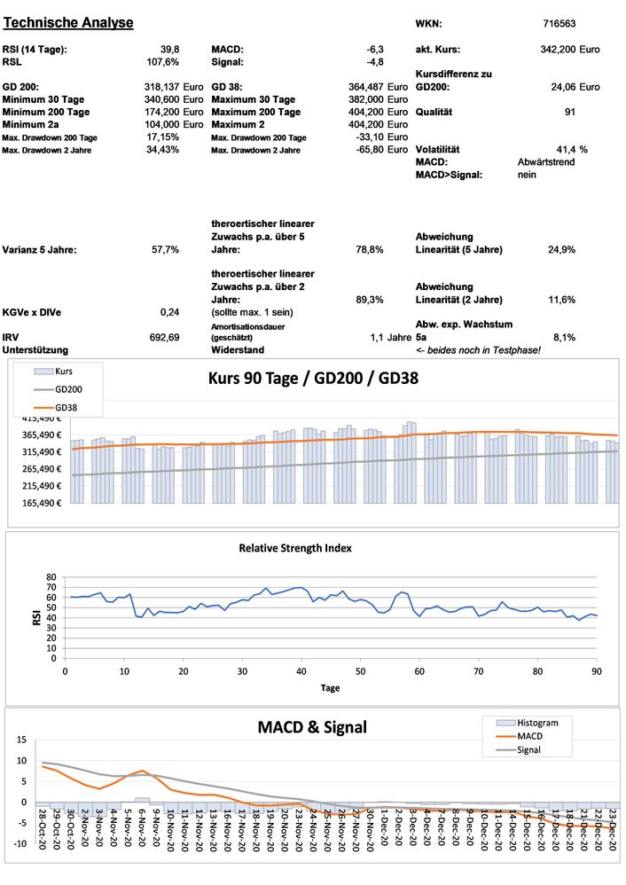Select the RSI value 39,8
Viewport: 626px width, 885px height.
[170, 50]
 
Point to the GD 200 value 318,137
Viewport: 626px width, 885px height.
[157, 87]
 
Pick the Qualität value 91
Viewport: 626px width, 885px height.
[569, 112]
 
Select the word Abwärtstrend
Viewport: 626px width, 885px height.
[546, 162]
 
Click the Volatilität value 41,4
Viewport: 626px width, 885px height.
[565, 149]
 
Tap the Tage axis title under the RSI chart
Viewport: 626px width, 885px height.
[329, 687]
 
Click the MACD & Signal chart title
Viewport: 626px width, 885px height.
[311, 728]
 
